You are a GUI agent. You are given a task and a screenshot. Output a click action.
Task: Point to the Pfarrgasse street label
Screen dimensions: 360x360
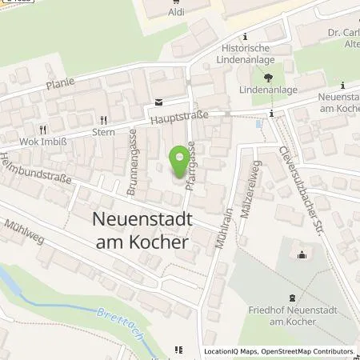click(193, 163)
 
